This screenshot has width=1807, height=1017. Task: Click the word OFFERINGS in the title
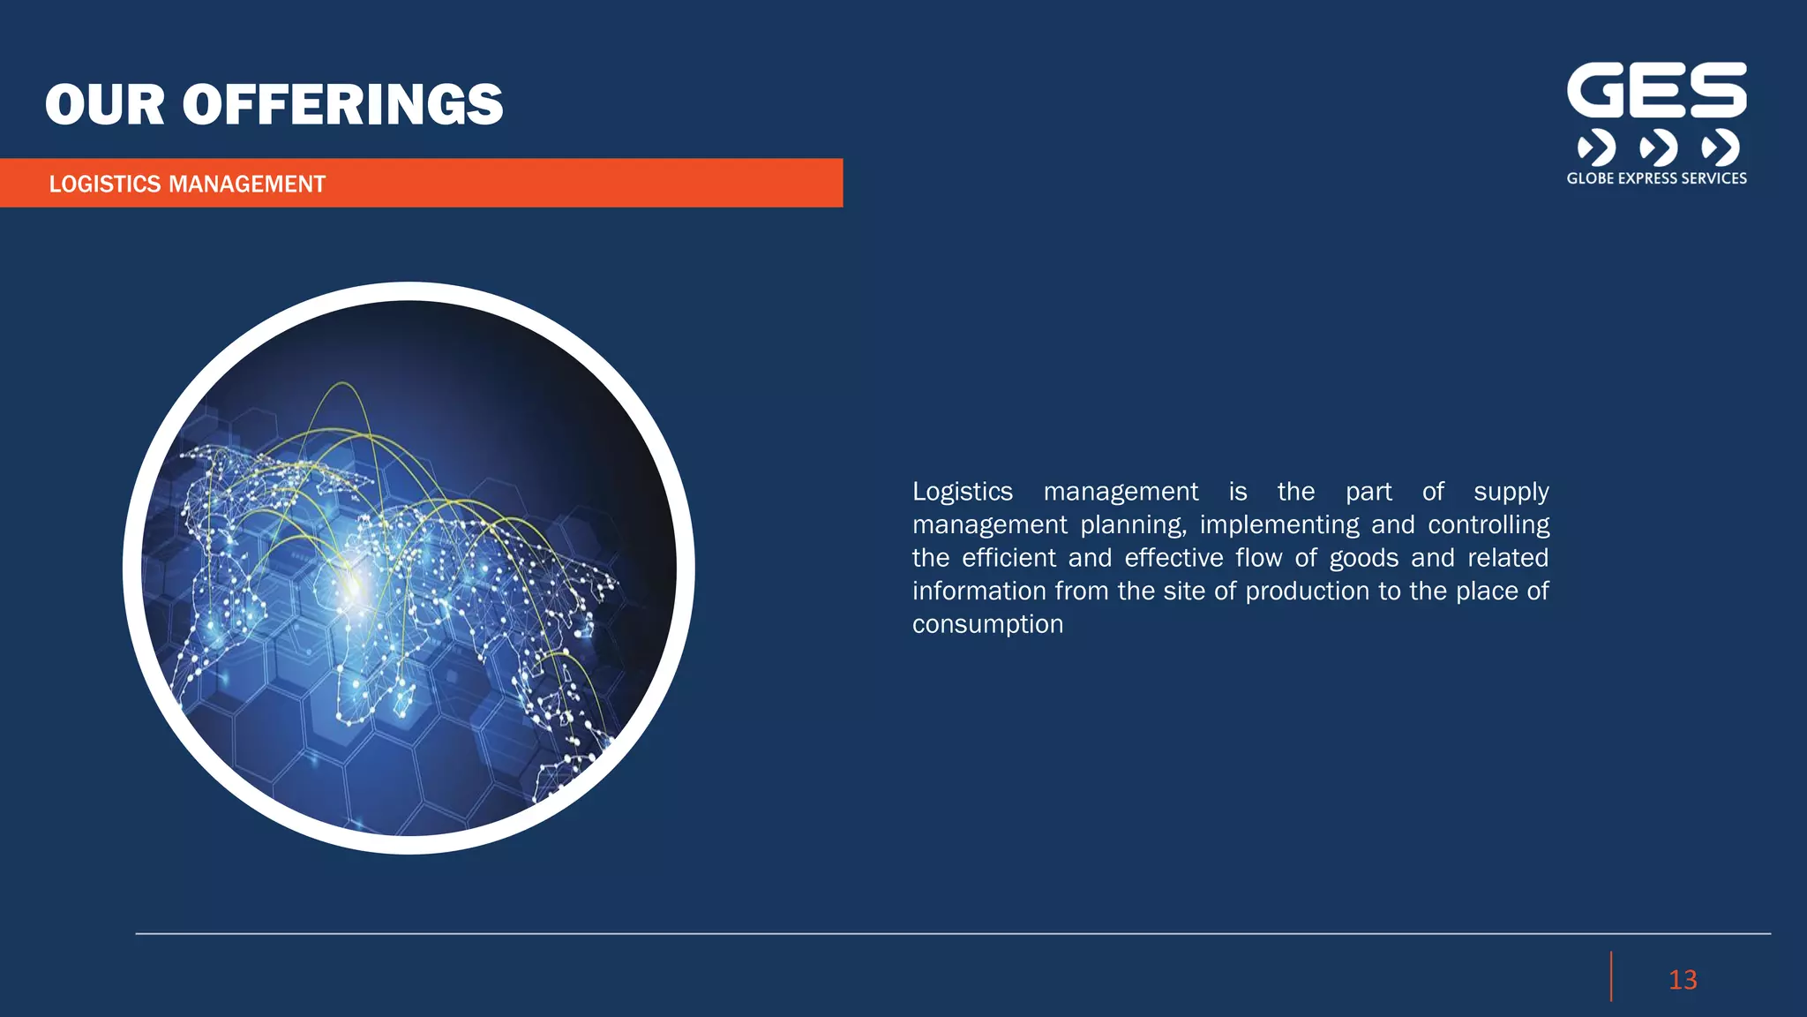click(x=342, y=105)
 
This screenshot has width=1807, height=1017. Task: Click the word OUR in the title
click(x=105, y=105)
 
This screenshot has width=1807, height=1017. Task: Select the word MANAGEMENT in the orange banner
click(x=247, y=184)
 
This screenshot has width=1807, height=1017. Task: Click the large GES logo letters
click(x=1656, y=90)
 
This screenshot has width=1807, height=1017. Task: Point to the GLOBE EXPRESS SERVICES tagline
click(x=1656, y=178)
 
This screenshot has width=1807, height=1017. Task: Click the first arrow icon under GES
click(x=1596, y=147)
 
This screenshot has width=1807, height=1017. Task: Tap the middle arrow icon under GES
click(x=1658, y=147)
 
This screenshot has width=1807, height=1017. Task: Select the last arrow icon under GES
click(x=1720, y=147)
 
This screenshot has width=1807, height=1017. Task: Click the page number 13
click(x=1683, y=980)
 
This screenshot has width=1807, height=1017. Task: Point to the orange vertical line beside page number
click(x=1611, y=976)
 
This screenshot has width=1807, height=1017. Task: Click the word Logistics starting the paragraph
click(x=962, y=492)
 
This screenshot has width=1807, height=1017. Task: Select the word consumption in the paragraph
click(x=987, y=624)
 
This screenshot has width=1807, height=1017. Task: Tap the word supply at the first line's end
click(x=1511, y=492)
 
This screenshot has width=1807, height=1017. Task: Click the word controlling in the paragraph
click(x=1488, y=525)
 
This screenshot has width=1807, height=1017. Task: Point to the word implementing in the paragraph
click(x=1278, y=525)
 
